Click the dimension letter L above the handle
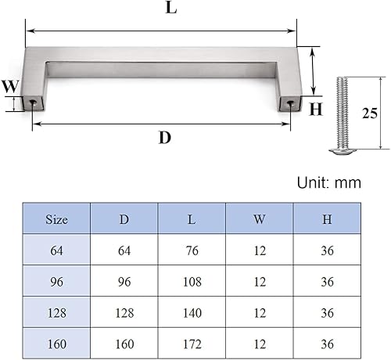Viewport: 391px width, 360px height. pyautogui.click(x=170, y=9)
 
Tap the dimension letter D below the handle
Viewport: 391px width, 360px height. pyautogui.click(x=164, y=138)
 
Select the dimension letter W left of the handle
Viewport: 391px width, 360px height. pyautogui.click(x=9, y=87)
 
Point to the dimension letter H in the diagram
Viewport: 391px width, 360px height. pyautogui.click(x=316, y=110)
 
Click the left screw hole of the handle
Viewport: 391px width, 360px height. pyautogui.click(x=33, y=103)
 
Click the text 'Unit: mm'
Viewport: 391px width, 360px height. pyautogui.click(x=329, y=182)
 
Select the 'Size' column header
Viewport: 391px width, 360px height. pyautogui.click(x=56, y=219)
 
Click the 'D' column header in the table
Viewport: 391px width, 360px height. pyautogui.click(x=124, y=219)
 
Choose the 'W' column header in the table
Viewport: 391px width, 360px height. pyautogui.click(x=260, y=219)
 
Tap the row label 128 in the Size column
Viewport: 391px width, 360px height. pyautogui.click(x=56, y=312)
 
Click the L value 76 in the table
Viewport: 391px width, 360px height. pyautogui.click(x=192, y=250)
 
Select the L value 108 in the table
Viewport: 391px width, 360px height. pyautogui.click(x=192, y=282)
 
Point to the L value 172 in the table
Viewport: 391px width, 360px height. pyautogui.click(x=192, y=344)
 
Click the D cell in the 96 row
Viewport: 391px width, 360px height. pyautogui.click(x=124, y=282)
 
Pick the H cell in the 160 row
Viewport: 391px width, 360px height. pyautogui.click(x=327, y=344)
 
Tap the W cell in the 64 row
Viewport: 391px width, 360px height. pyautogui.click(x=260, y=250)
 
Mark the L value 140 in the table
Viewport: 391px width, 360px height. pyautogui.click(x=192, y=312)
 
